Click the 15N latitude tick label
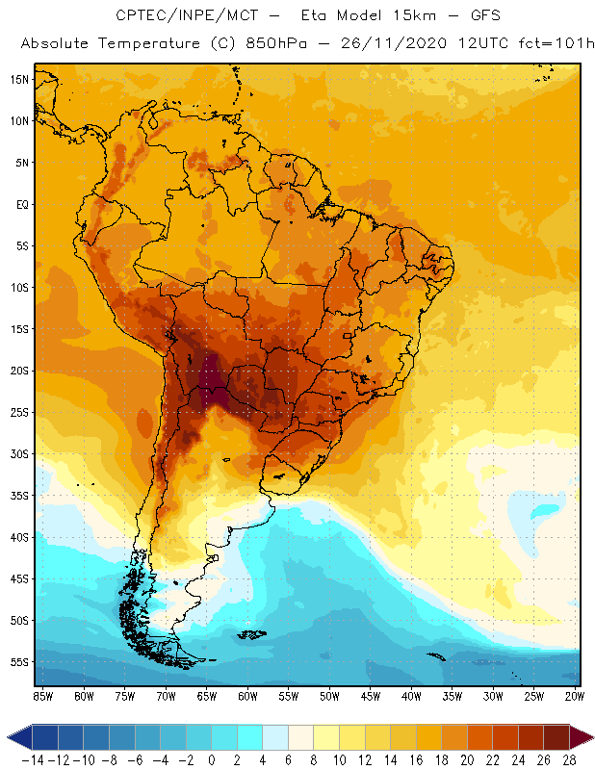[19, 79]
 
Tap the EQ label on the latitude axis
[21, 204]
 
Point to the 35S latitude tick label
[19, 495]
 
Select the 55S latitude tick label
[19, 661]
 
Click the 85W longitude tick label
[42, 695]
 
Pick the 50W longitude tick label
[330, 695]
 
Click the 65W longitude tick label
[207, 695]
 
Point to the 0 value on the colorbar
[212, 759]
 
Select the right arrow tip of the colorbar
[590, 737]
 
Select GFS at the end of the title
[484, 16]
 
